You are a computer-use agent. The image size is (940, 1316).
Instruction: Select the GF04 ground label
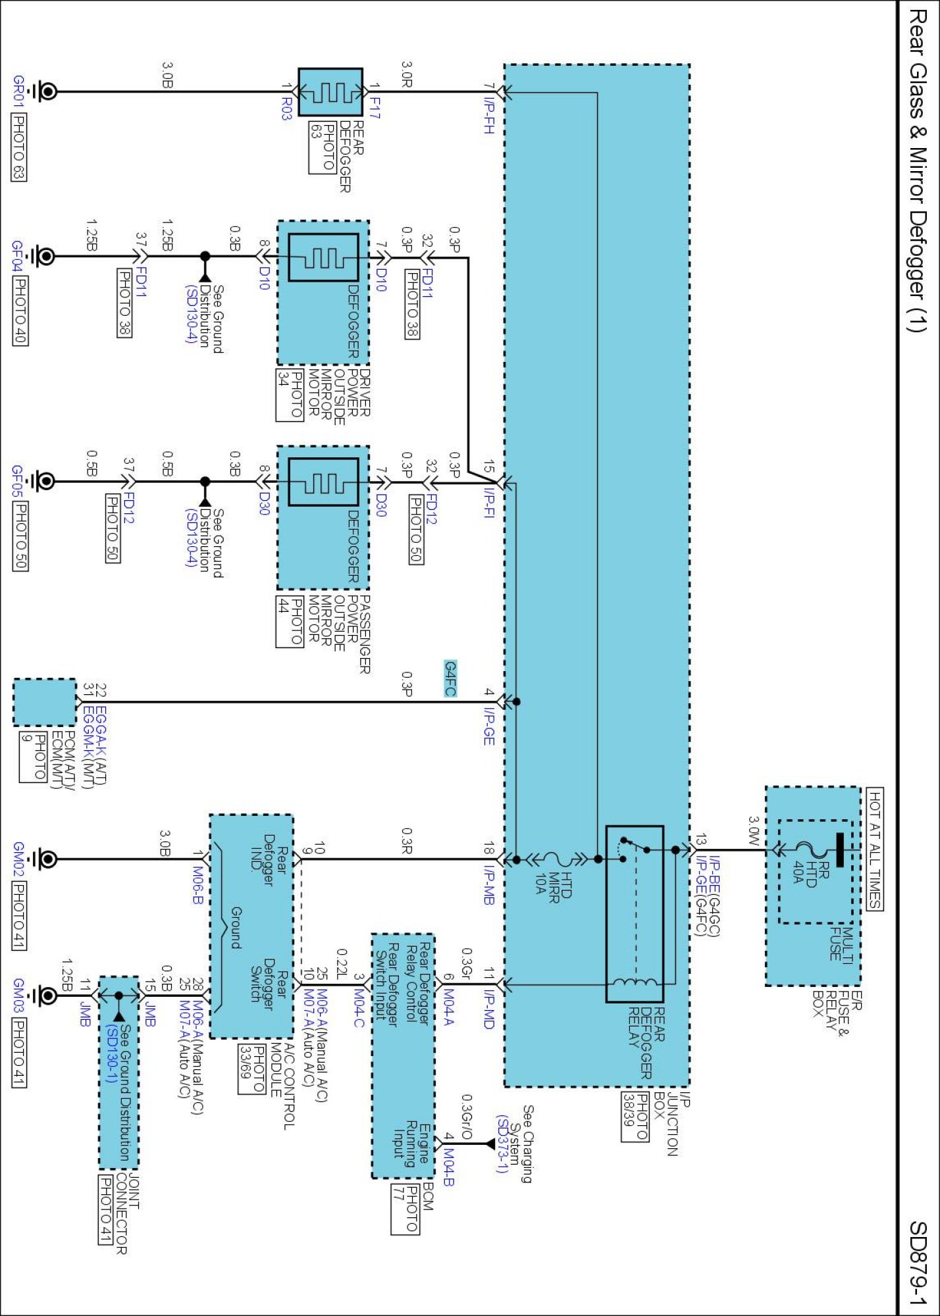[x=18, y=257]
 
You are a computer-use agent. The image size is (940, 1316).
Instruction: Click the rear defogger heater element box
[x=330, y=91]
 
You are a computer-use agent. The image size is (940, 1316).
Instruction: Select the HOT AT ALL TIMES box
[x=875, y=849]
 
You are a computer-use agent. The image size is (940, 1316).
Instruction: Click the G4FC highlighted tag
[x=450, y=678]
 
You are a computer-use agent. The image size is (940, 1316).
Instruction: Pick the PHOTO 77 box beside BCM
[x=405, y=1209]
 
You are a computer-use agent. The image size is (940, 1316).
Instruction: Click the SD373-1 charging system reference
[x=502, y=1144]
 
